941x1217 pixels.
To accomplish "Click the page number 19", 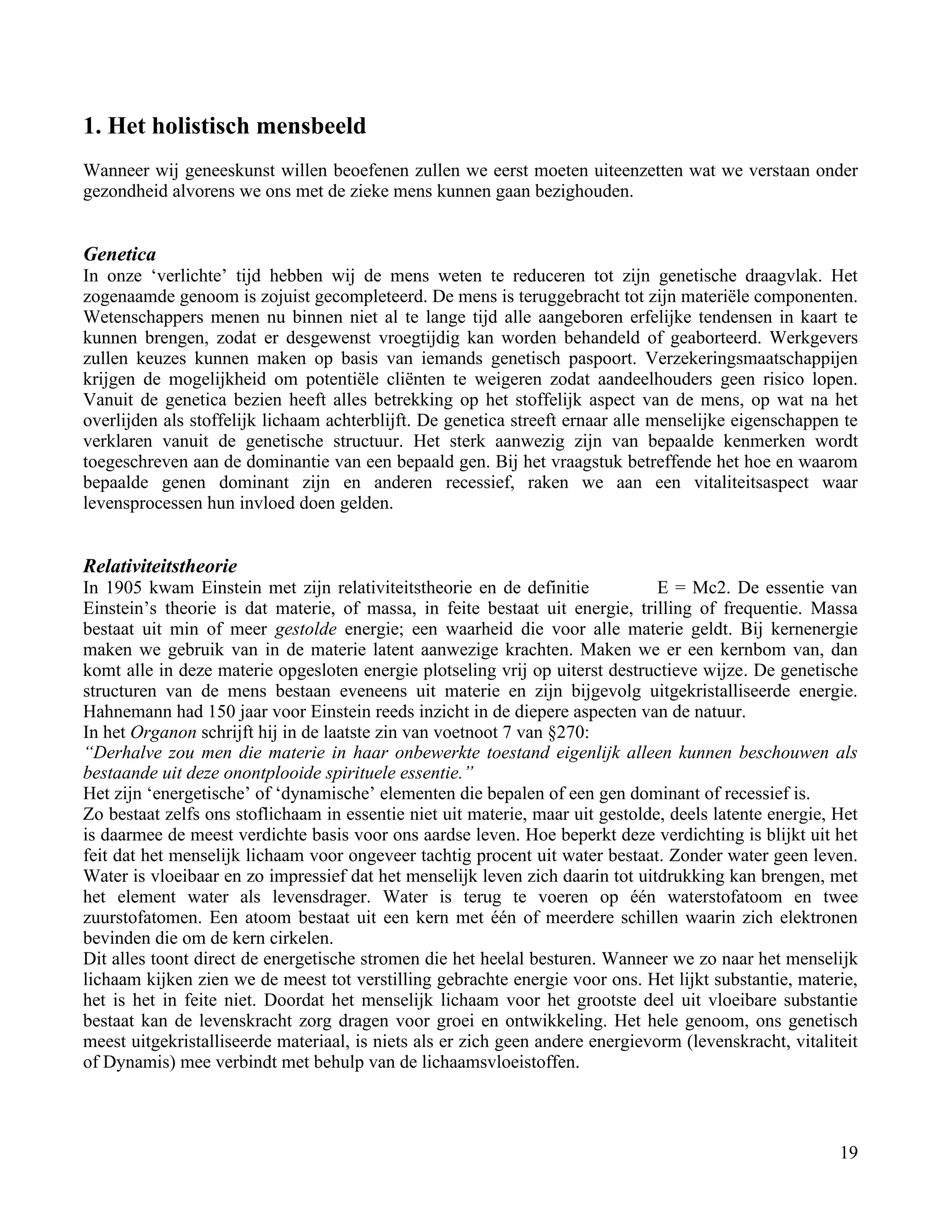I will (849, 1152).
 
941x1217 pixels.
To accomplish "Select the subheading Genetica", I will (119, 255).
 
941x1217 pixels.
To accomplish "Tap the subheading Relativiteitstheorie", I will (160, 566).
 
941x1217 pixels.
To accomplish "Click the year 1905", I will (119, 588).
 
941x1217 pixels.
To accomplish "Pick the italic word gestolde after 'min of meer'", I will (306, 630).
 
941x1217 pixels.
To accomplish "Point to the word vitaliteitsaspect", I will (751, 483).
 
